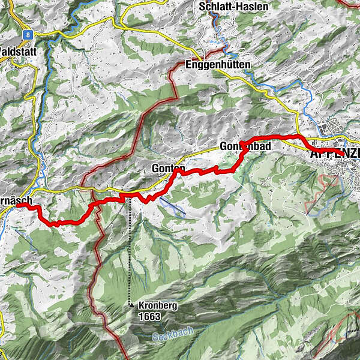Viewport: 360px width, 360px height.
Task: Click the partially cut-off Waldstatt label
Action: pos(18,52)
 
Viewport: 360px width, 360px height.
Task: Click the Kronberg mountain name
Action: pos(160,305)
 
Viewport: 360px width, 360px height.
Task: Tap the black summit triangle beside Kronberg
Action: pos(131,305)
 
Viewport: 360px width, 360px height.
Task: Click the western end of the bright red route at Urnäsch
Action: pos(19,205)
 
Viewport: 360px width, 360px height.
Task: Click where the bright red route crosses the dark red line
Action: pos(92,206)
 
